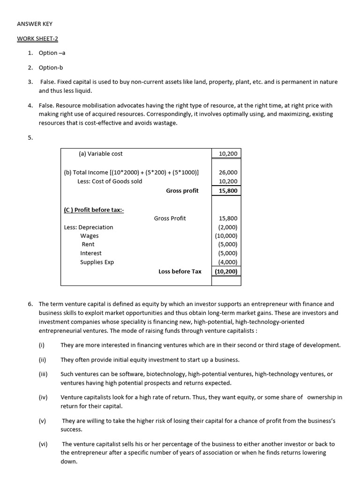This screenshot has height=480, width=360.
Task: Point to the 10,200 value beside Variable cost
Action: [x=228, y=153]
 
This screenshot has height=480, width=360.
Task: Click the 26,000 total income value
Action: [x=228, y=172]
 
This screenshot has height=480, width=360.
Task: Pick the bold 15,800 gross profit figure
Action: [x=228, y=191]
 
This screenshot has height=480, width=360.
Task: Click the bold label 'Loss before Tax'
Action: [x=180, y=271]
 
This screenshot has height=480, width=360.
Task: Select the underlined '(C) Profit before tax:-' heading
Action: [x=93, y=210]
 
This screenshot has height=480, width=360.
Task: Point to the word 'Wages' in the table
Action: [x=89, y=236]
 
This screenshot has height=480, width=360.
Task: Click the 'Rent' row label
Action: [x=88, y=244]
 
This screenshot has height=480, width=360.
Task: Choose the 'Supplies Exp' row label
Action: [x=97, y=262]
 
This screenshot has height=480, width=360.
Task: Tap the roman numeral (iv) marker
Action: [x=43, y=397]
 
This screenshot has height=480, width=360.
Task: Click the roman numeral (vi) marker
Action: [x=43, y=444]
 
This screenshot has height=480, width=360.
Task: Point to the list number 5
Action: [x=30, y=138]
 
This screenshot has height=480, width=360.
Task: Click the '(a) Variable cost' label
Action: [x=100, y=153]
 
